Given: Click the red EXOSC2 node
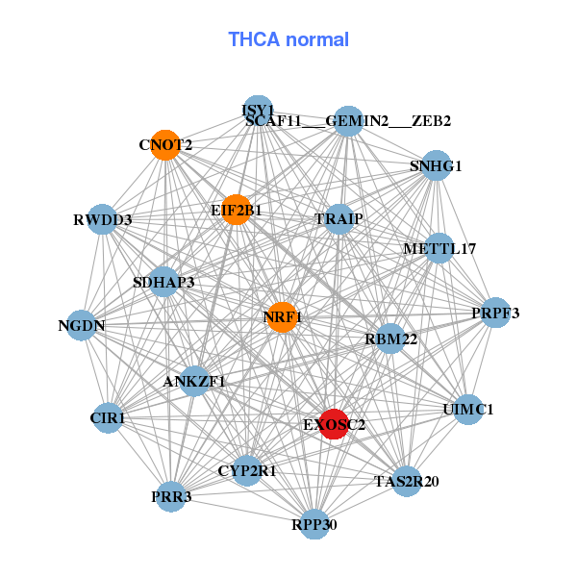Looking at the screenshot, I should tap(333, 424).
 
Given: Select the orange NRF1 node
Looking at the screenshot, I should tap(281, 316).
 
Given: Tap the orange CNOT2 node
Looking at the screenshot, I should tap(165, 145).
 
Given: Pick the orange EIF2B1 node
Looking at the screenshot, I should tap(237, 210).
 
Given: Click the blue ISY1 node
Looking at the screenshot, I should tap(257, 110).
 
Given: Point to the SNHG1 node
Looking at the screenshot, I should tap(437, 165).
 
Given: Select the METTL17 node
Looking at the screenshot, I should tap(439, 248).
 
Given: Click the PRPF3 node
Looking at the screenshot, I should tap(495, 313).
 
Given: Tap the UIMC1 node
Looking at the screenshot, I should tap(467, 409).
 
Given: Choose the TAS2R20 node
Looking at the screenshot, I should tap(406, 481).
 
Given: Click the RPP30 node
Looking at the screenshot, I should tap(314, 524).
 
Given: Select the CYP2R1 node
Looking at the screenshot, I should tap(247, 470).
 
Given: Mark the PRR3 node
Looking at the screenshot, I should tap(170, 496).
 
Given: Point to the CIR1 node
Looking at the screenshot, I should tap(108, 418).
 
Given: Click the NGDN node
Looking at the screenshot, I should tap(82, 325).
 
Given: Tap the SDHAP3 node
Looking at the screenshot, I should tap(164, 282).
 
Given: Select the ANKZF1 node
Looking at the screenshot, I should tap(194, 381).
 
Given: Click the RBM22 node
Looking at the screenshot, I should tap(390, 339).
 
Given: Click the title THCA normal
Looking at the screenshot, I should tap(288, 39).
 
